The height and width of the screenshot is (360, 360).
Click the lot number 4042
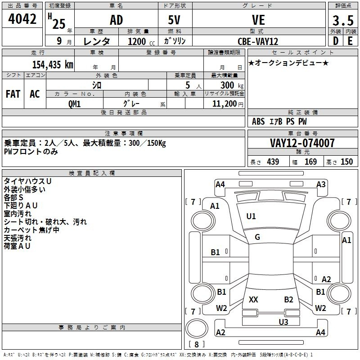click(22, 19)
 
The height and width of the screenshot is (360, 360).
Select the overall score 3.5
click(343, 20)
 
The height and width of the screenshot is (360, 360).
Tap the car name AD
click(117, 20)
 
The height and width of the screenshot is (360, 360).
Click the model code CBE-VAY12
click(258, 41)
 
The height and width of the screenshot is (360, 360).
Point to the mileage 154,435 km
click(53, 64)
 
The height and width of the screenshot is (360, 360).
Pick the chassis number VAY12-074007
click(302, 143)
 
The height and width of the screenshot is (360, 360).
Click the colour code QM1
click(74, 104)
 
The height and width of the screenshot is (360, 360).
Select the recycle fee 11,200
click(225, 104)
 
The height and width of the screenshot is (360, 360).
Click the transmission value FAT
click(13, 94)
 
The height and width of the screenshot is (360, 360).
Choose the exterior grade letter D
click(336, 41)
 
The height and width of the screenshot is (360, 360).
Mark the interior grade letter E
click(350, 41)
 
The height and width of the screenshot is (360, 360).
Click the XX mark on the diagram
click(253, 299)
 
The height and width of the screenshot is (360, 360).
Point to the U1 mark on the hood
click(251, 216)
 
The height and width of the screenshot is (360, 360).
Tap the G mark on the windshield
click(257, 237)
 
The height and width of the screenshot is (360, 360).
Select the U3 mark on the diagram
click(283, 322)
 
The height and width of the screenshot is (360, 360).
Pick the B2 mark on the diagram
click(288, 299)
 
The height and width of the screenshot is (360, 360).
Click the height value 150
click(346, 162)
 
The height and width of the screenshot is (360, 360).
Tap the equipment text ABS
click(258, 121)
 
